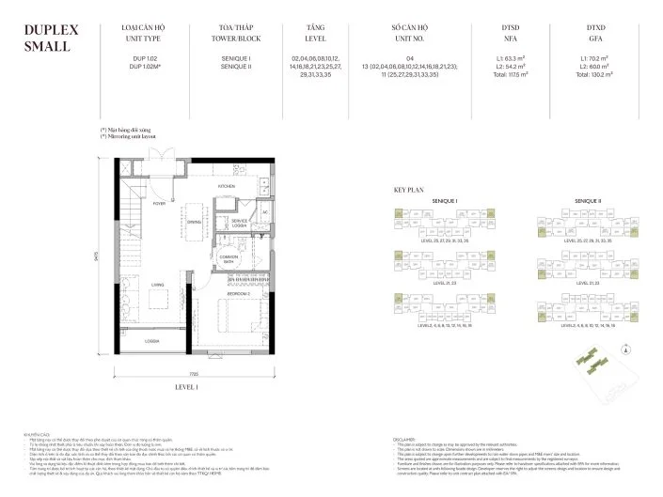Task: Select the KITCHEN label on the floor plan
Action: click(x=227, y=186)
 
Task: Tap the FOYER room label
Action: click(x=159, y=203)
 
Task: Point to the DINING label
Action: click(x=194, y=222)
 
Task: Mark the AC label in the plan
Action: click(x=266, y=211)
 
